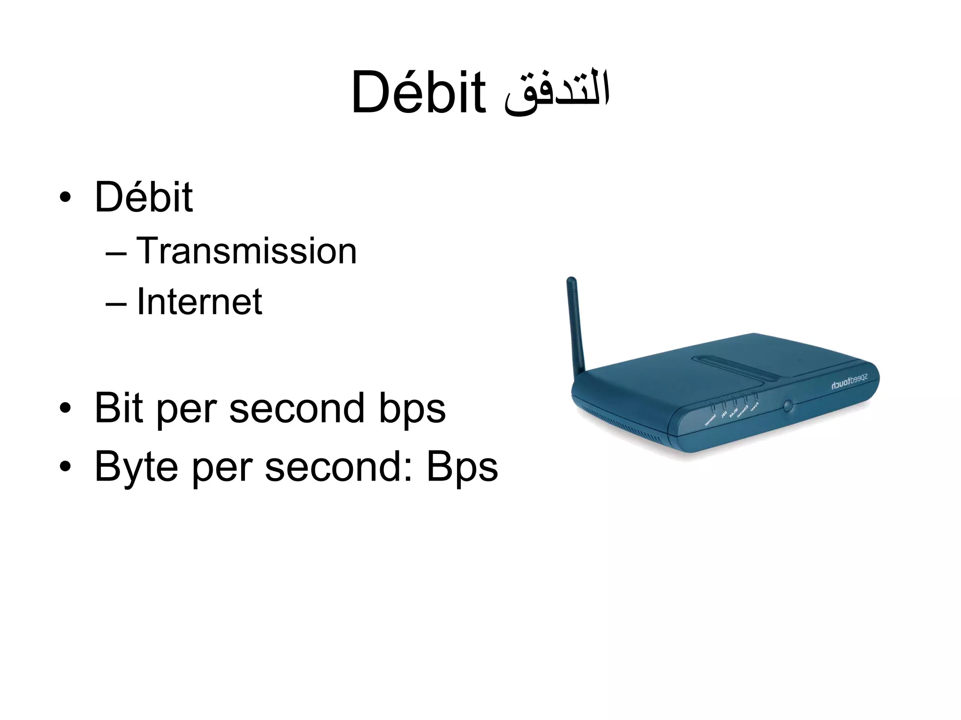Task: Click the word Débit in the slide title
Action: (x=418, y=92)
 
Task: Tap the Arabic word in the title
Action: (x=557, y=93)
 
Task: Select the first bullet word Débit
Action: (x=144, y=197)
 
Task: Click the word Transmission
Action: (x=247, y=251)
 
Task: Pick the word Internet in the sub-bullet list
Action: (x=199, y=301)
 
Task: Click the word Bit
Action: (x=118, y=408)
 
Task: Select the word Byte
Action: (x=136, y=467)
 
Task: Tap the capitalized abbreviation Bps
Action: (x=462, y=467)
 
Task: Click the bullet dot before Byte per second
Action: (x=65, y=467)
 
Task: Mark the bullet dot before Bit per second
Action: (x=65, y=408)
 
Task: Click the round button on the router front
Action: (x=788, y=405)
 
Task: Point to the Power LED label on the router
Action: (x=754, y=407)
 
